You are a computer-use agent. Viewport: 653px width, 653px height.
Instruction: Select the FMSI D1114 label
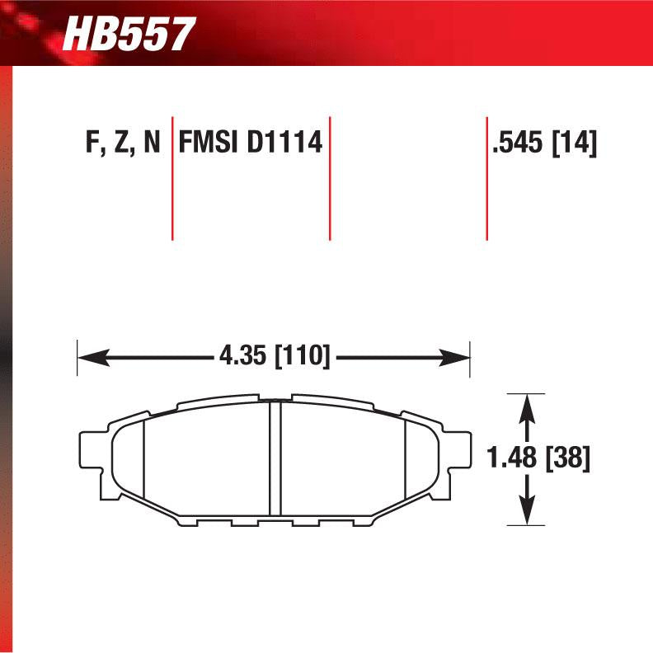249,143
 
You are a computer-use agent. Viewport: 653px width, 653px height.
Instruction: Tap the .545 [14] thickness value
543,143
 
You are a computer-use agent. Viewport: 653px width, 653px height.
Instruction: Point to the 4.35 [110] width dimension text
275,358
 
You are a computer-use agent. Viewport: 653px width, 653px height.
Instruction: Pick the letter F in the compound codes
92,143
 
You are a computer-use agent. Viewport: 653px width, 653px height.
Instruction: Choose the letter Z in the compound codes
121,143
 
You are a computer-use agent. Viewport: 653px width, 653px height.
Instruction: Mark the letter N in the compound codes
152,143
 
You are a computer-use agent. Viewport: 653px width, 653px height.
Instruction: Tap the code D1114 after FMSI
280,143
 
